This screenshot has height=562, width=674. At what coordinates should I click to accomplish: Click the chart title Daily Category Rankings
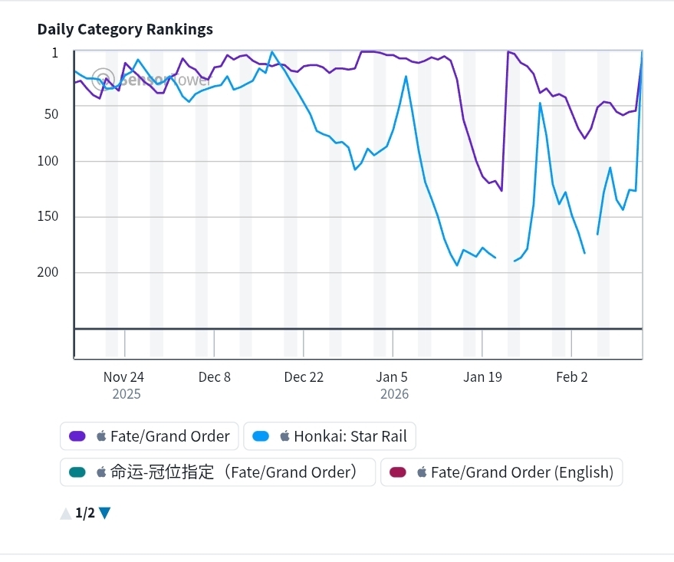click(x=125, y=29)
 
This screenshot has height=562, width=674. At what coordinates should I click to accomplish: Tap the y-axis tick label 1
click(x=54, y=53)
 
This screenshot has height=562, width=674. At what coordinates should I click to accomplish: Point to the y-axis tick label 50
click(x=51, y=113)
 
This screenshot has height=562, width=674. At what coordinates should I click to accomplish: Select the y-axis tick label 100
click(x=48, y=161)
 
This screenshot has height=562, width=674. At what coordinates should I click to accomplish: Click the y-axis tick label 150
click(x=48, y=216)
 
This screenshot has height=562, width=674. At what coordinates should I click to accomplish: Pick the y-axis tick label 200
click(x=48, y=272)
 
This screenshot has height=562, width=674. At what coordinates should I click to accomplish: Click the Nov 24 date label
click(x=123, y=376)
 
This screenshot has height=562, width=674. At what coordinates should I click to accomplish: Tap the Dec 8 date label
click(x=214, y=376)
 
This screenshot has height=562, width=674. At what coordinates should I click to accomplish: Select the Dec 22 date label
click(x=304, y=376)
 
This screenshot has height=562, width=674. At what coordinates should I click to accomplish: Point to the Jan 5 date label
click(x=393, y=376)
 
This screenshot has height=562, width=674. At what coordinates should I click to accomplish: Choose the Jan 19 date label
click(x=482, y=376)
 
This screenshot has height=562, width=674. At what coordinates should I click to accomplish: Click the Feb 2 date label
click(x=571, y=376)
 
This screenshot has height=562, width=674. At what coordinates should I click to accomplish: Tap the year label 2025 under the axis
click(x=127, y=394)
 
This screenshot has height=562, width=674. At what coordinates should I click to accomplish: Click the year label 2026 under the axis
click(x=394, y=394)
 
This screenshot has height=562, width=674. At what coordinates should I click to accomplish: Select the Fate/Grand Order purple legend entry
click(x=150, y=436)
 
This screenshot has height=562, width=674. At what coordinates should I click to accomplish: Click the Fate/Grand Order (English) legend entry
click(x=501, y=472)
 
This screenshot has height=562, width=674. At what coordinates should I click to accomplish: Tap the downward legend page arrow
click(x=105, y=513)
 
